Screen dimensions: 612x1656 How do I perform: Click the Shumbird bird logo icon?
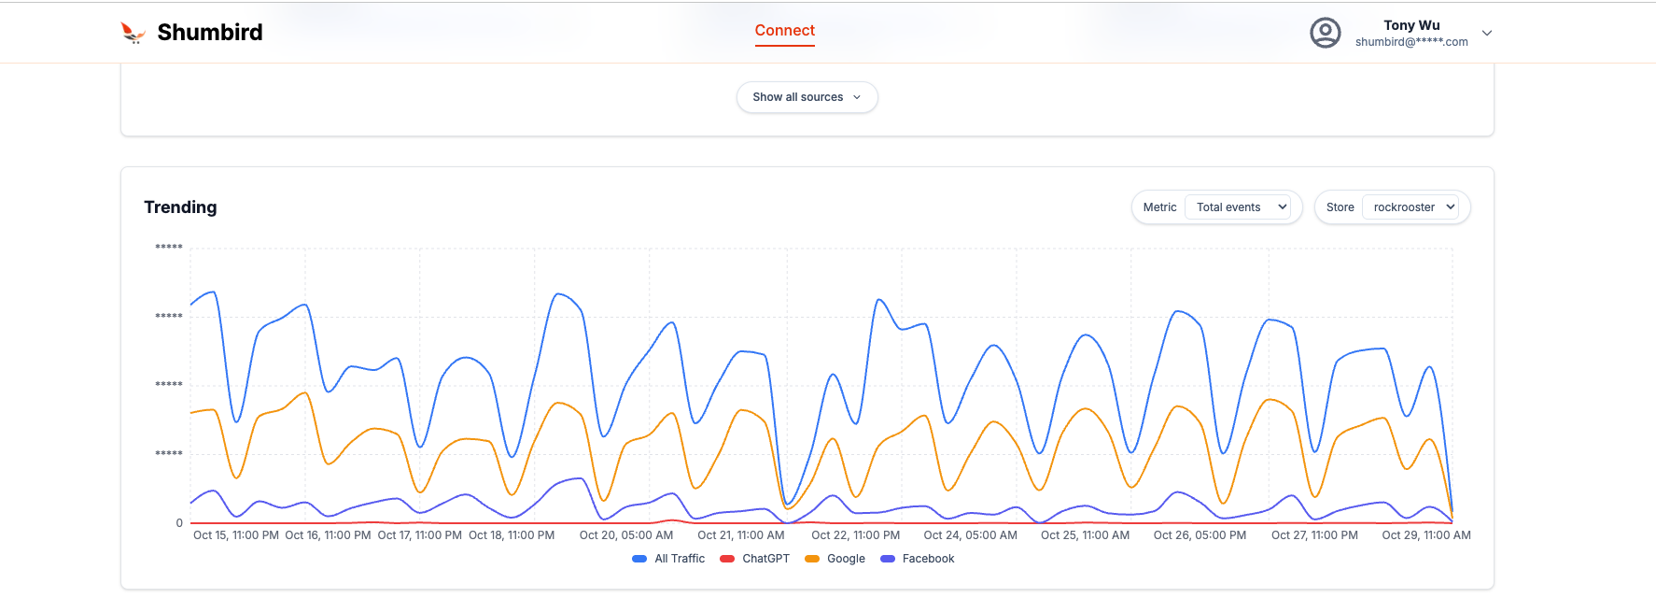click(133, 33)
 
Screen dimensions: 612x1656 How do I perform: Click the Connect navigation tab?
click(784, 31)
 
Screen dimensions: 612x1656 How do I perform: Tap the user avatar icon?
click(1325, 33)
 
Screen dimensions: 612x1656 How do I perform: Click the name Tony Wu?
click(1410, 25)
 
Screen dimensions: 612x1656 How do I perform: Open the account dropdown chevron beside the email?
click(1487, 33)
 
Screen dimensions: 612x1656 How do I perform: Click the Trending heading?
click(180, 207)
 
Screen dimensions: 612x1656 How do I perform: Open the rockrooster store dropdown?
click(1413, 207)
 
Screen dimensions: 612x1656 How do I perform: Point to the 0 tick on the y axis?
click(179, 523)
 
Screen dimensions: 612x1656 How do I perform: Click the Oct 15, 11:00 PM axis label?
click(235, 535)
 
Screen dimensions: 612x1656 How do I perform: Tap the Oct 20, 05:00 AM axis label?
click(625, 535)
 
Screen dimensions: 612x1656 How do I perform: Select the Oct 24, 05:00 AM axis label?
click(970, 535)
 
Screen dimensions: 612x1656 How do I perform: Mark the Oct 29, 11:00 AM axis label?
click(1425, 535)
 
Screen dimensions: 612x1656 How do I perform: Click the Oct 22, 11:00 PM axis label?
click(855, 535)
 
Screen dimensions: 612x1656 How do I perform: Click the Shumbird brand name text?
click(210, 33)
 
